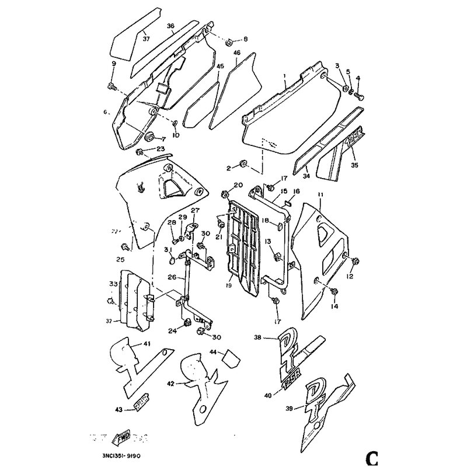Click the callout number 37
(x=146, y=39)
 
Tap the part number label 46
(x=237, y=53)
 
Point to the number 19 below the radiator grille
(x=230, y=285)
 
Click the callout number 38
(x=258, y=337)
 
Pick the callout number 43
(x=119, y=410)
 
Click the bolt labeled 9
(x=111, y=87)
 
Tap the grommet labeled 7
(x=148, y=138)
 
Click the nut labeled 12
(x=357, y=260)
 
